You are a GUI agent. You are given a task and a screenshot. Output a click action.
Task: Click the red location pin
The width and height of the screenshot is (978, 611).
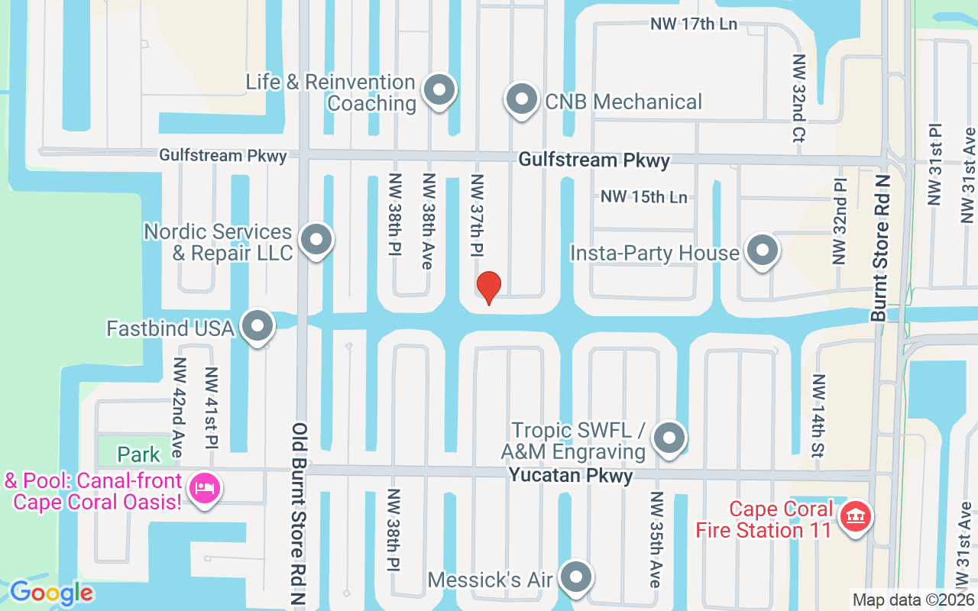488,287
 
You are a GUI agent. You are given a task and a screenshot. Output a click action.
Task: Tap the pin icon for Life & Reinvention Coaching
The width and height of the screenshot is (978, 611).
439,91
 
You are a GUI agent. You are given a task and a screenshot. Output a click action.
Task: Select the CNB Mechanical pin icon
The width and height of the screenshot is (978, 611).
522,100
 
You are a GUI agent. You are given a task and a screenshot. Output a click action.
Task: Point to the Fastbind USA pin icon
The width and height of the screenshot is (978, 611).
257,327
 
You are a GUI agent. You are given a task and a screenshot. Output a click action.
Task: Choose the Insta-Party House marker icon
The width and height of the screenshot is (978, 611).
761,251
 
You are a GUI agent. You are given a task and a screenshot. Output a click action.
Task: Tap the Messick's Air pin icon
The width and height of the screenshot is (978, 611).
576,578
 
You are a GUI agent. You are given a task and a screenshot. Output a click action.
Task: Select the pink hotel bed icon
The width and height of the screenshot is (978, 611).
204,487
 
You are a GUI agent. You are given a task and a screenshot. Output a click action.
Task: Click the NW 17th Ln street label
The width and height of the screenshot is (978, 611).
694,24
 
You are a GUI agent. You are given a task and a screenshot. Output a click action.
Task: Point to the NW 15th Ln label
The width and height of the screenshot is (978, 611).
643,197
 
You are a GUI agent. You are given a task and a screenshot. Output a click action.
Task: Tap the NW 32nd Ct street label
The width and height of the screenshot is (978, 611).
799,99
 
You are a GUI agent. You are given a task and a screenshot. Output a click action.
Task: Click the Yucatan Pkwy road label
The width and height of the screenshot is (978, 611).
572,476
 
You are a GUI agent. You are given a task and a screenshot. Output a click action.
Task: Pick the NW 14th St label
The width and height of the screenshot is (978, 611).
818,415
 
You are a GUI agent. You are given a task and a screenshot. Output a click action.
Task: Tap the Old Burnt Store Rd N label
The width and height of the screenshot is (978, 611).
299,515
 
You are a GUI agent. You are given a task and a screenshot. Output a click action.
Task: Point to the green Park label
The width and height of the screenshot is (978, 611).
139,455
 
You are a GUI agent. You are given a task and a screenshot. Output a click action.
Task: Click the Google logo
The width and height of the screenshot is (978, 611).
51,593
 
